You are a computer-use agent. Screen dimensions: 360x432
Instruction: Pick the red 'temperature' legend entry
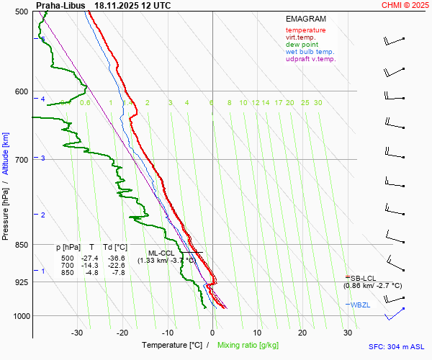click(305, 30)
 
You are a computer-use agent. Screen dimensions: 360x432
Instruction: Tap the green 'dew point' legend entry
click(302, 45)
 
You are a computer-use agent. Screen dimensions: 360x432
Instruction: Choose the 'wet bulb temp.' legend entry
click(310, 52)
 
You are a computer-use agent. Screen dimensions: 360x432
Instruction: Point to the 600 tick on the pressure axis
click(20, 91)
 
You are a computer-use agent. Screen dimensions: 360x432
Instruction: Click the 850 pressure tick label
click(20, 246)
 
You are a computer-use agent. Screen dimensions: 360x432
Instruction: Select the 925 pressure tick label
click(20, 282)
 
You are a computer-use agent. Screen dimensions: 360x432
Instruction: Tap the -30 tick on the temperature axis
click(77, 333)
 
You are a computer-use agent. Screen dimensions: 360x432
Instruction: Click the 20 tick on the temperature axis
click(302, 333)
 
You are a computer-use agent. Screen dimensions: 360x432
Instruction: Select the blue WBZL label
click(363, 305)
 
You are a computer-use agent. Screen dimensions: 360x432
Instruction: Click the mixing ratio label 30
click(318, 103)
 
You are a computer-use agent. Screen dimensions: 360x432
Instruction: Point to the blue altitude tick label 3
click(43, 158)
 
